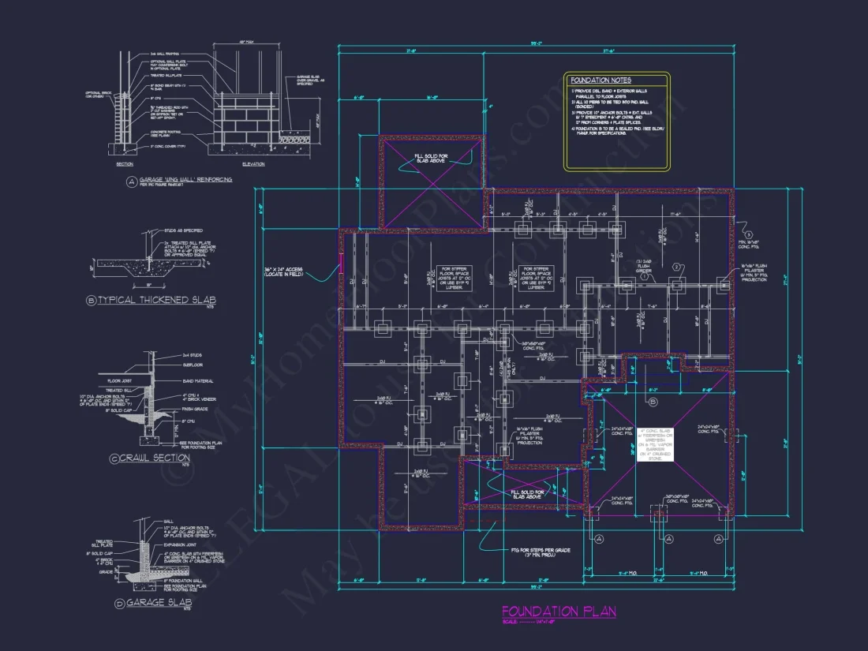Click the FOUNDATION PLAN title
tap(559, 612)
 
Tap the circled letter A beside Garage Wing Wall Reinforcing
tap(130, 181)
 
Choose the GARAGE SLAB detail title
tap(157, 603)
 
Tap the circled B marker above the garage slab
tap(653, 402)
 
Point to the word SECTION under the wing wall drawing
tap(125, 163)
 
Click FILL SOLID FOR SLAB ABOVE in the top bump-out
tap(431, 157)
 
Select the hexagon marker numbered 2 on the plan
tap(675, 268)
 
